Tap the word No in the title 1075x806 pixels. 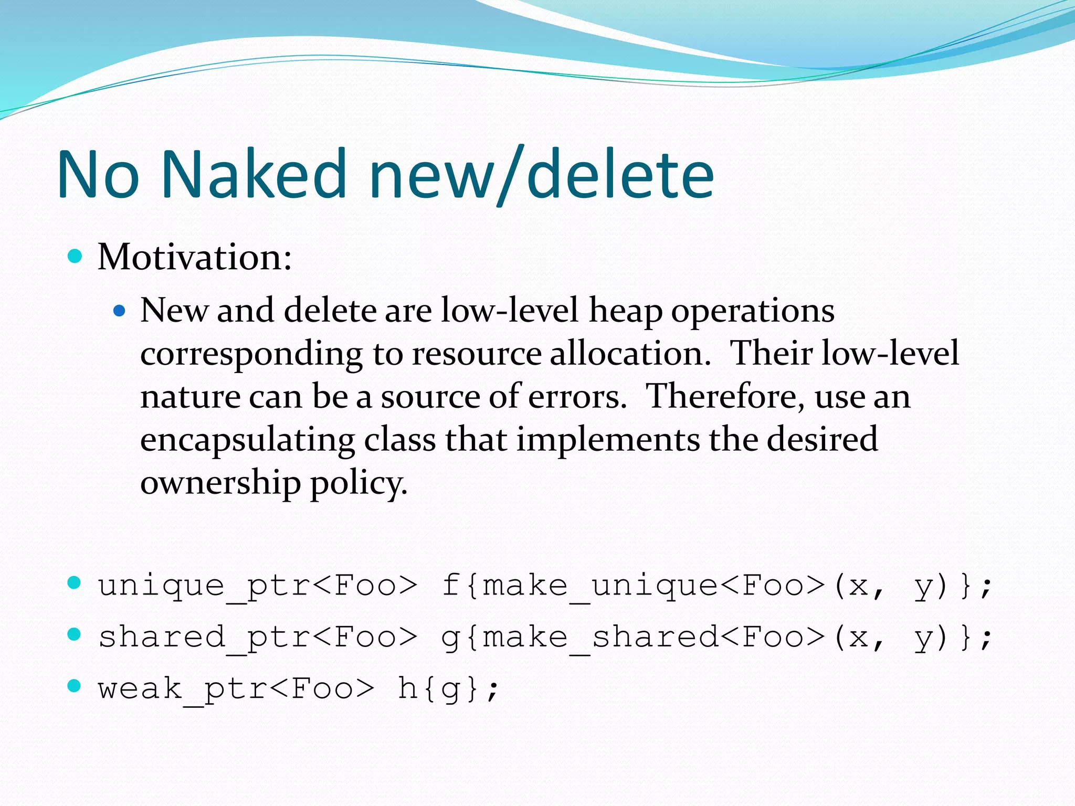point(99,174)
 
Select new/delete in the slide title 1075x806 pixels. point(541,174)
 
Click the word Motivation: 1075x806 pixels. point(195,258)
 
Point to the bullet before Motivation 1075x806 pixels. point(76,256)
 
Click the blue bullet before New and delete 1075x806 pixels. point(120,311)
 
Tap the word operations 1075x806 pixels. point(753,311)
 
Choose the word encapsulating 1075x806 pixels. point(247,440)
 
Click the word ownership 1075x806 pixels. point(220,483)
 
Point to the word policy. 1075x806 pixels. point(359,483)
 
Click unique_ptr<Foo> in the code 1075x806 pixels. point(258,586)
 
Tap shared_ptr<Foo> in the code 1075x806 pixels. point(258,638)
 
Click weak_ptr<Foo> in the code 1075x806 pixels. point(236,688)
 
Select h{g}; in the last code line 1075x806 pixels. point(448,688)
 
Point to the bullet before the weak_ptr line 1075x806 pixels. point(75,686)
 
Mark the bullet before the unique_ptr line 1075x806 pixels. point(75,582)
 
